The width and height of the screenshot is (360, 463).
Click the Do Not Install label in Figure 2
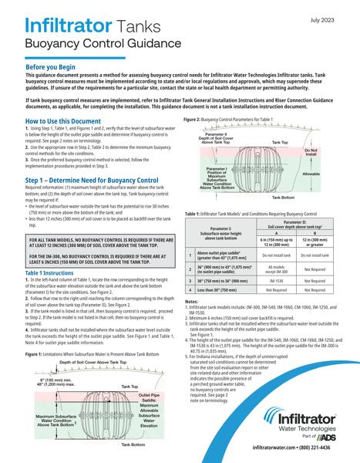(x=311, y=153)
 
